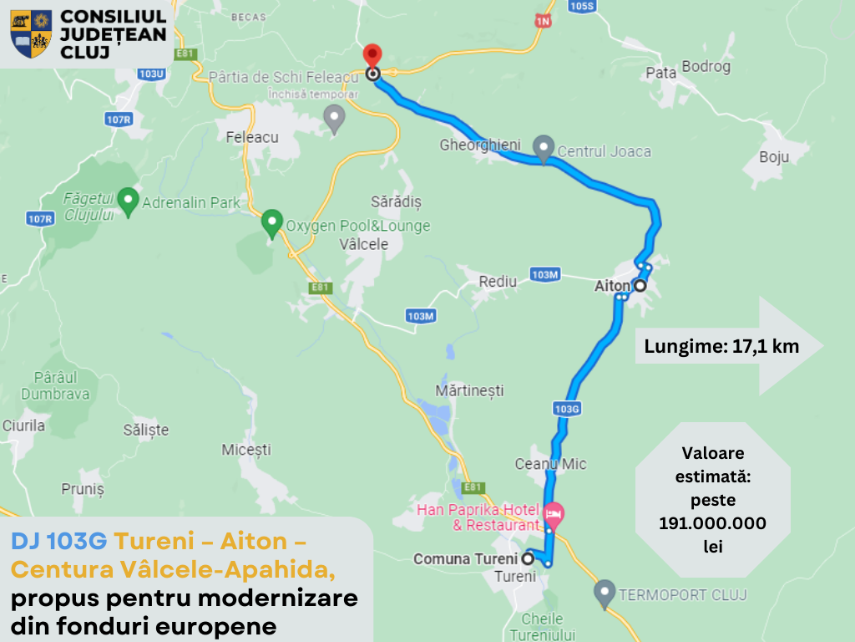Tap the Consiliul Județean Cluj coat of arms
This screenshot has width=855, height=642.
(x=31, y=34)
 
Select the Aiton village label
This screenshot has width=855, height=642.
(x=611, y=286)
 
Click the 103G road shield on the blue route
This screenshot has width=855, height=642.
(x=567, y=409)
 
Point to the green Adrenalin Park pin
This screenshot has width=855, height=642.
(x=128, y=201)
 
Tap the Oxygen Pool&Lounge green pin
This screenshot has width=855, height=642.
(x=272, y=223)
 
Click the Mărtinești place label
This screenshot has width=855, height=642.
(x=470, y=390)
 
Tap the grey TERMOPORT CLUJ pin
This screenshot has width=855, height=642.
(x=605, y=594)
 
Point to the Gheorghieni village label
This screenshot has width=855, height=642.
(x=480, y=145)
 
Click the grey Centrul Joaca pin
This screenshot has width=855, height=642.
(x=544, y=149)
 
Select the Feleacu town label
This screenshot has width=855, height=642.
(x=252, y=136)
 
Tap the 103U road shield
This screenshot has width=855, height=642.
(x=152, y=74)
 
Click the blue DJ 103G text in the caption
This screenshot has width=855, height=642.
(x=59, y=542)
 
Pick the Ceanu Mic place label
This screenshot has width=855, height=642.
(x=550, y=464)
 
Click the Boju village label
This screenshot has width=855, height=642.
(x=774, y=156)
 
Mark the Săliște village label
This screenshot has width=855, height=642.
(x=146, y=430)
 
